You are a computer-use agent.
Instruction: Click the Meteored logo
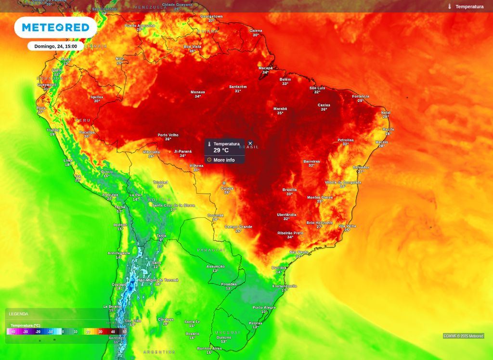pyautogui.click(x=55, y=27)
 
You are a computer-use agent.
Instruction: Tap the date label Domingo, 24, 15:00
pyautogui.click(x=55, y=46)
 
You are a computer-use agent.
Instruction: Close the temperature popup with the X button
pyautogui.click(x=250, y=143)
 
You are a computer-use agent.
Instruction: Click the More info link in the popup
pyautogui.click(x=224, y=160)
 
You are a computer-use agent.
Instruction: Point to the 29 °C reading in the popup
pyautogui.click(x=221, y=151)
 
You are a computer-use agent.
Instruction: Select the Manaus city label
pyautogui.click(x=198, y=92)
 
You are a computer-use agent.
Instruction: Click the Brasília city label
pyautogui.click(x=289, y=190)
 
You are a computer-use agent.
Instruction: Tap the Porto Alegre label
pyautogui.click(x=264, y=308)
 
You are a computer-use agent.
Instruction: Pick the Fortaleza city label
pyautogui.click(x=361, y=96)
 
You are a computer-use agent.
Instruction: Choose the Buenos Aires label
pyautogui.click(x=209, y=348)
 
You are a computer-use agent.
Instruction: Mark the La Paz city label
pyautogui.click(x=136, y=195)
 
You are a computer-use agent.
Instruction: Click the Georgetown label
pyautogui.click(x=211, y=16)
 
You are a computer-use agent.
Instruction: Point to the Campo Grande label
pyautogui.click(x=238, y=227)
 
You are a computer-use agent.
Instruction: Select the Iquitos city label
pyautogui.click(x=97, y=97)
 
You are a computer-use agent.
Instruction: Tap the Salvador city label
pyautogui.click(x=361, y=167)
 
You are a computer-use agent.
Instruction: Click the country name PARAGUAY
pyautogui.click(x=211, y=250)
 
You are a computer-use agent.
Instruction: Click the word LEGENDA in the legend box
pyautogui.click(x=18, y=314)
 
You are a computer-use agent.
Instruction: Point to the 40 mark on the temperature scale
pyautogui.click(x=113, y=332)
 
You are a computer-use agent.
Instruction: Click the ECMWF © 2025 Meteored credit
pyautogui.click(x=463, y=336)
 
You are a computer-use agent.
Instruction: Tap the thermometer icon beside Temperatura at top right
pyautogui.click(x=449, y=7)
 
